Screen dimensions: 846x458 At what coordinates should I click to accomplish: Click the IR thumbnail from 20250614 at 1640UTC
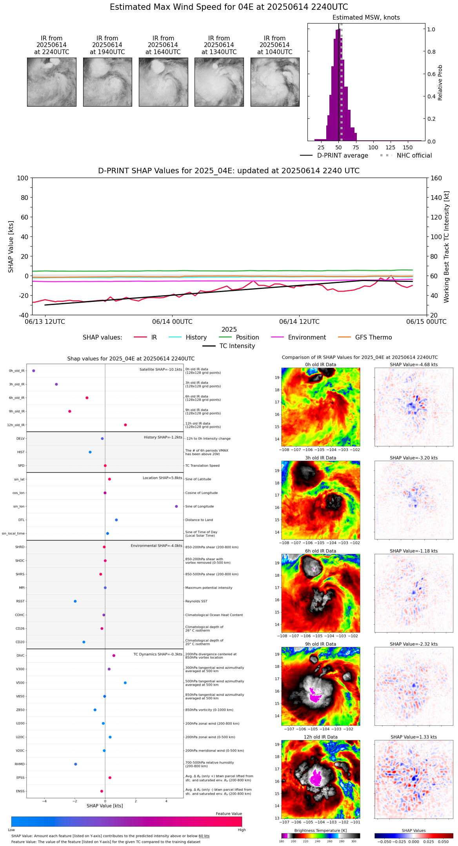click(163, 82)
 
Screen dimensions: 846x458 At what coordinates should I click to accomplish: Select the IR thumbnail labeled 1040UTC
click(275, 82)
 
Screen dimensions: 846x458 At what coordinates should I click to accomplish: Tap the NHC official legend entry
click(414, 156)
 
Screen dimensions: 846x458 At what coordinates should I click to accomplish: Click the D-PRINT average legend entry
click(342, 156)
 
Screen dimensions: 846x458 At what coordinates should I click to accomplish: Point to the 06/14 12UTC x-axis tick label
click(299, 322)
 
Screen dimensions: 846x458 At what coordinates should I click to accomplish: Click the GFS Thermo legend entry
click(373, 338)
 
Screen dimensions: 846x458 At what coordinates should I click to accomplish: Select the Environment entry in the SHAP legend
click(307, 338)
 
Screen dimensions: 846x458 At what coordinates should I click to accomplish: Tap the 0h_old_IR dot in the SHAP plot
click(34, 370)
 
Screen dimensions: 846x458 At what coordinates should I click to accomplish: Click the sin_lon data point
click(176, 507)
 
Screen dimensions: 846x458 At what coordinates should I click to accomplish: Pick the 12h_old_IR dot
click(125, 425)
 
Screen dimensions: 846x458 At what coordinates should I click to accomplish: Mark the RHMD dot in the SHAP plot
click(76, 764)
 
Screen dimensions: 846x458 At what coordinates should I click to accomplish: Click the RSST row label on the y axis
click(20, 601)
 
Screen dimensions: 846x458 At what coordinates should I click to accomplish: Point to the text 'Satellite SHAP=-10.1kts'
click(161, 370)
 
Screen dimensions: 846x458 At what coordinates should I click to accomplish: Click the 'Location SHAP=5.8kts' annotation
click(162, 478)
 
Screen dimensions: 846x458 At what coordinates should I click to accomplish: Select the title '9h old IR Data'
click(320, 644)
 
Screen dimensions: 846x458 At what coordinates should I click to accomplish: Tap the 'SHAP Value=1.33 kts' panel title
click(414, 737)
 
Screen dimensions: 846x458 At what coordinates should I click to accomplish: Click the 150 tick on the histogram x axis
click(408, 147)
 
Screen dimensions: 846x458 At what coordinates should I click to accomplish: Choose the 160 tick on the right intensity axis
click(436, 178)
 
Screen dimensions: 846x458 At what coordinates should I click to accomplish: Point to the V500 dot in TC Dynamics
click(125, 683)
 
